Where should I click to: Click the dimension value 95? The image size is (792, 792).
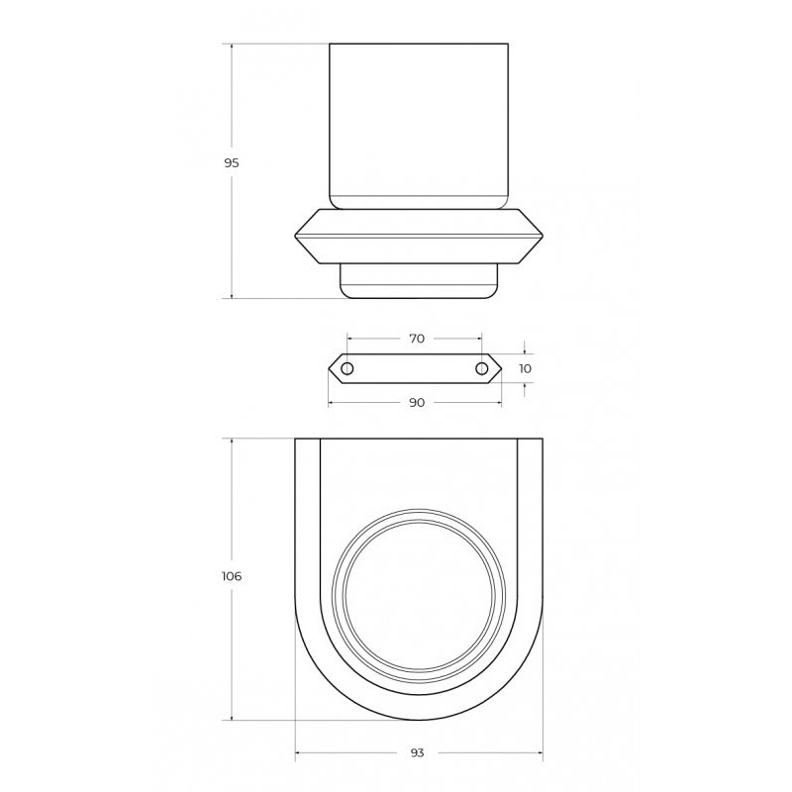click(232, 163)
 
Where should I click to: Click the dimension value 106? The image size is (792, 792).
click(232, 576)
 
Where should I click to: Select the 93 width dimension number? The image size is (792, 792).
click(417, 753)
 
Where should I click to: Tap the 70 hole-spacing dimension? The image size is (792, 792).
click(417, 339)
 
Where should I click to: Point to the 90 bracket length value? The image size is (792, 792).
click(417, 403)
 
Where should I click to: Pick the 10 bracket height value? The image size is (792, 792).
click(526, 368)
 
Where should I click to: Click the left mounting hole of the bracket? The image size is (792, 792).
click(347, 368)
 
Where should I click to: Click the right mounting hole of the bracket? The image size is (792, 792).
click(482, 368)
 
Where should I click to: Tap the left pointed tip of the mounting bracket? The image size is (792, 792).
click(329, 368)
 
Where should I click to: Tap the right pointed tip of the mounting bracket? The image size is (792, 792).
click(501, 368)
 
